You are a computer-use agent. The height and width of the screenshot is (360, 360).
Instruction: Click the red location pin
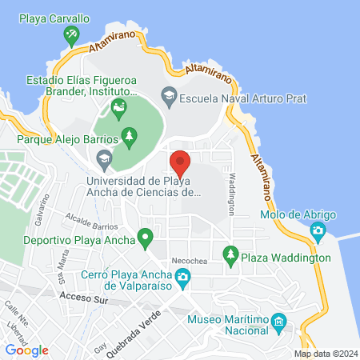pos(180,162)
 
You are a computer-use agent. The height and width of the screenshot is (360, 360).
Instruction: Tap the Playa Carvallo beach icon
pos(73,33)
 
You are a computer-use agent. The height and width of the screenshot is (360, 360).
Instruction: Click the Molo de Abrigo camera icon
pos(318,232)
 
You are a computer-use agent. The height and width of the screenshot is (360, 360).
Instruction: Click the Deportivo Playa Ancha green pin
pos(145,238)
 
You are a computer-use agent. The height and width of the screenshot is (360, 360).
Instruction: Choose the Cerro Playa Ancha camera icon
pos(183,278)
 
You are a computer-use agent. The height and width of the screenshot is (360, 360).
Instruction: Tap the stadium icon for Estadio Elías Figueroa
pos(119,107)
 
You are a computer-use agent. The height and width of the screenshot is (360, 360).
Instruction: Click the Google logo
pos(26,350)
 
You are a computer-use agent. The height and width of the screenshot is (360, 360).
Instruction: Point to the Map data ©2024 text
pos(325,353)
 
